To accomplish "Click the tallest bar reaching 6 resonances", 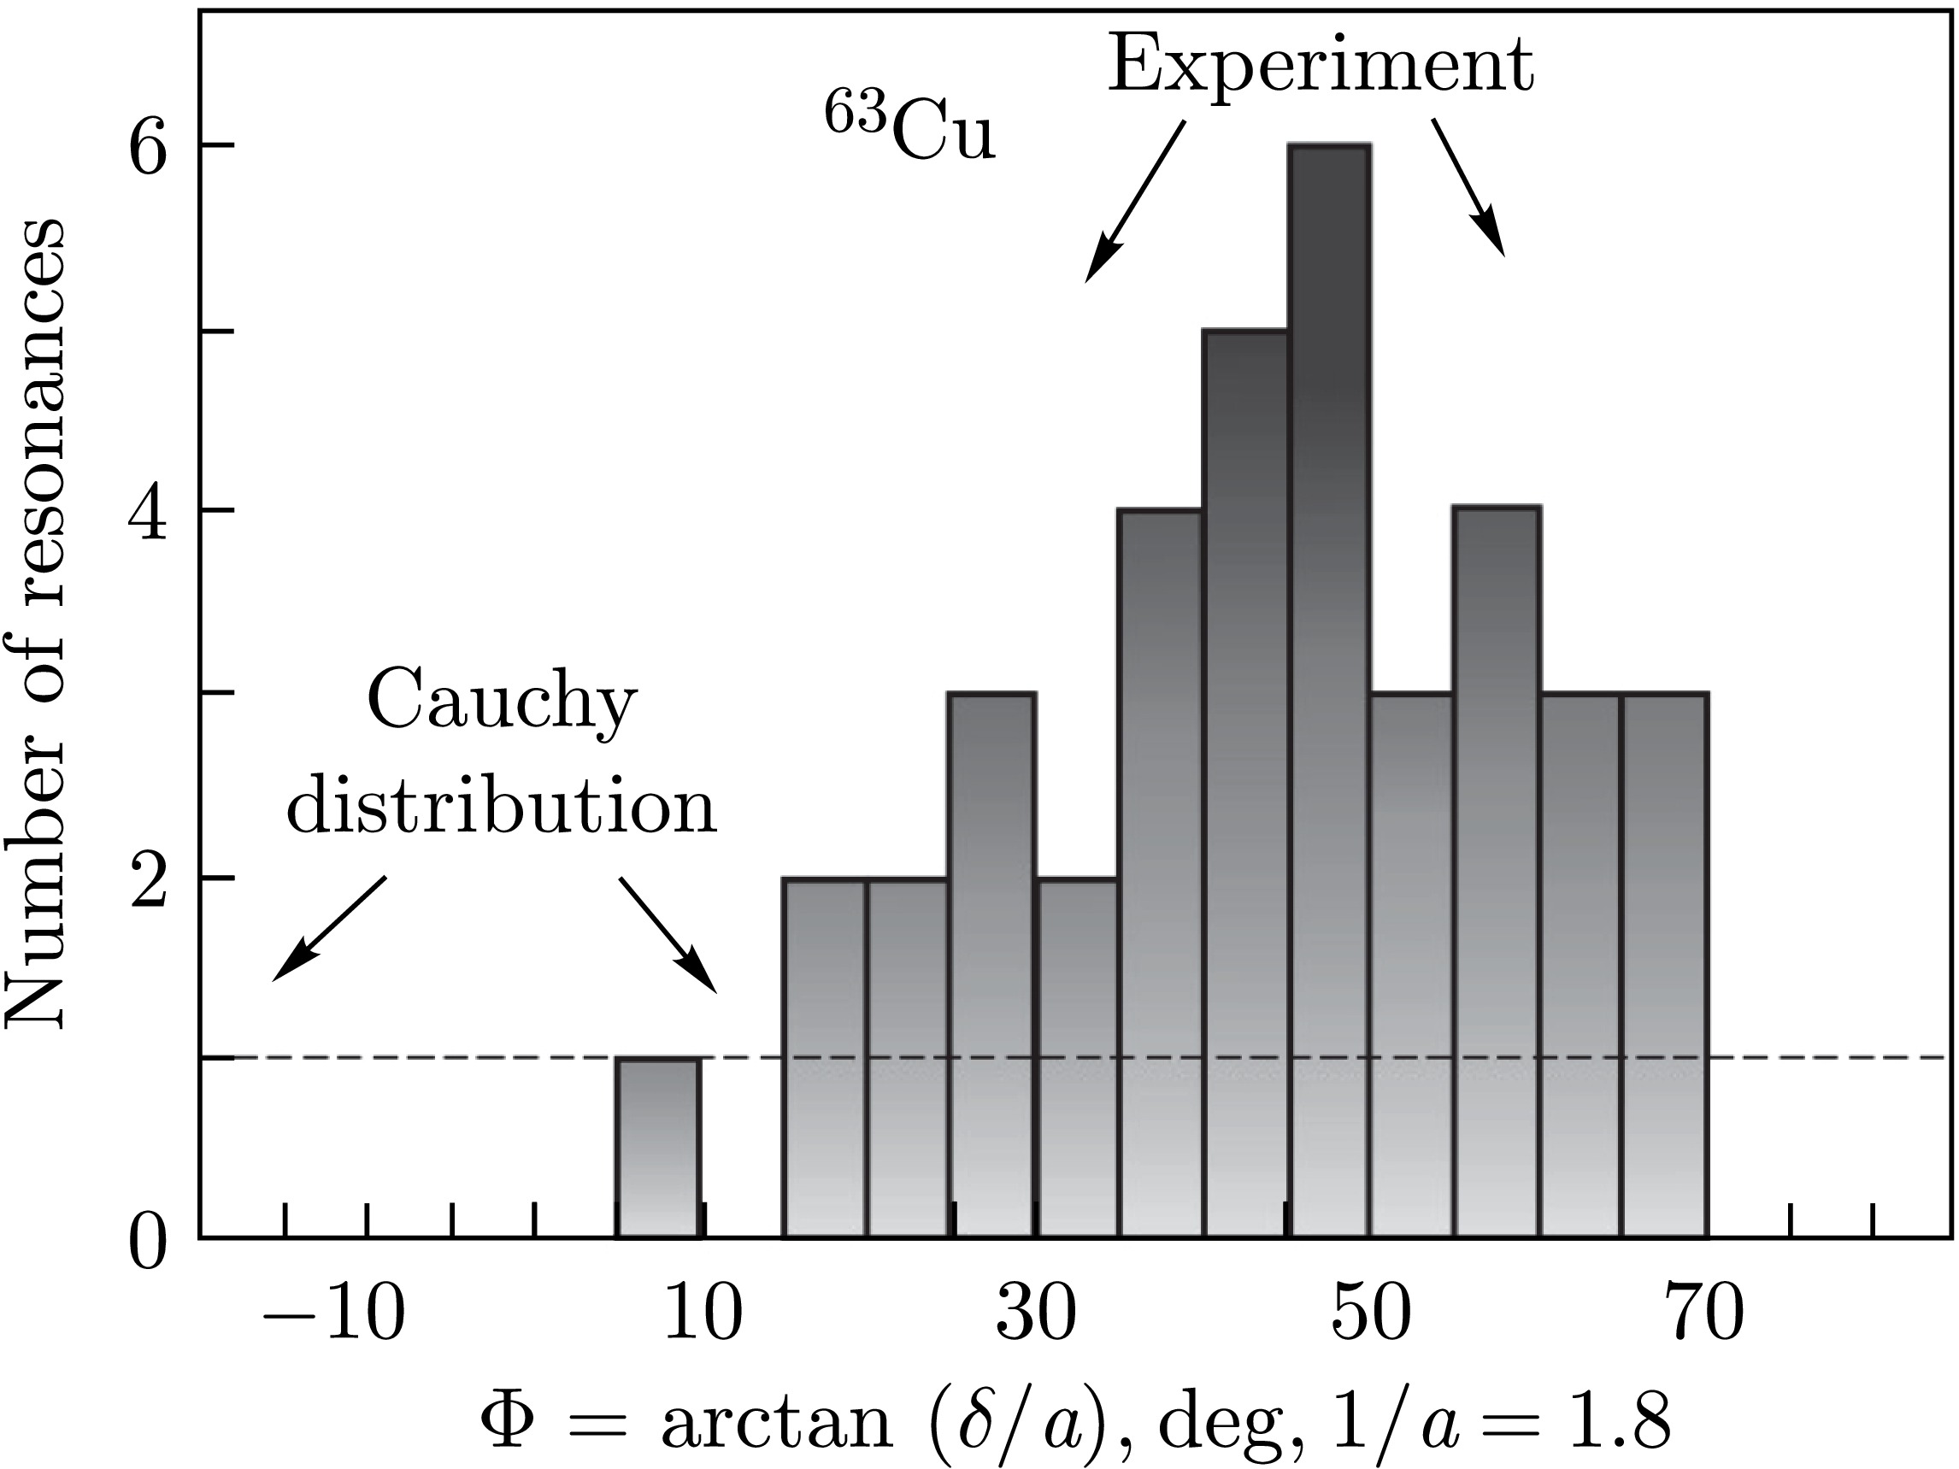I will point(1329,690).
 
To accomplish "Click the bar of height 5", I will point(1244,784).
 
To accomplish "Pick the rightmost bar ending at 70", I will point(1664,965).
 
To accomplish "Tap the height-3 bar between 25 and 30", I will point(991,965).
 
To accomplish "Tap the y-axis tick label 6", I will point(148,146).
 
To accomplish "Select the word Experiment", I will point(1321,67).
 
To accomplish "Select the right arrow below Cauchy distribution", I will point(667,934).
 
